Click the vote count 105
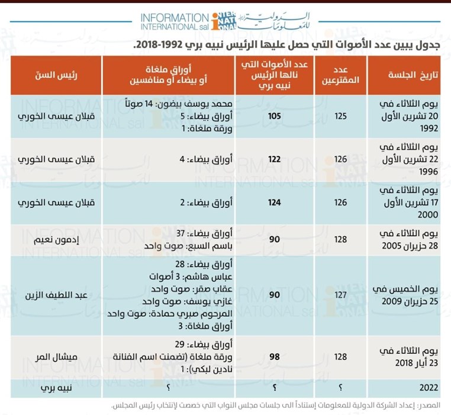[x=274, y=116]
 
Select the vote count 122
[x=274, y=159]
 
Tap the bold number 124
[x=274, y=202]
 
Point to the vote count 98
[x=275, y=357]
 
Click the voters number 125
[x=340, y=116]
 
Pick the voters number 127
[x=340, y=295]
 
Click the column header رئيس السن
[x=56, y=75]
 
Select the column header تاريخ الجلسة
[x=413, y=75]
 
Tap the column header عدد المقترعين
[x=340, y=75]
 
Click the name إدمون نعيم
[x=56, y=240]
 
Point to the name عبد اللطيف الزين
[x=56, y=295]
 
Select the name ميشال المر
[x=56, y=357]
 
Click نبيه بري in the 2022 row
[x=56, y=388]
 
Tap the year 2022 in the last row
[x=429, y=388]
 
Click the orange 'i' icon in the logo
[x=215, y=22]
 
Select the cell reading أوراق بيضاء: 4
[x=206, y=159]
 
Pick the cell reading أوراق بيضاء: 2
[x=206, y=202]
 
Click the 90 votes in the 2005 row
[x=275, y=239]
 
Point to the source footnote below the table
[x=276, y=406]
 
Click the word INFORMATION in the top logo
[x=175, y=18]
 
